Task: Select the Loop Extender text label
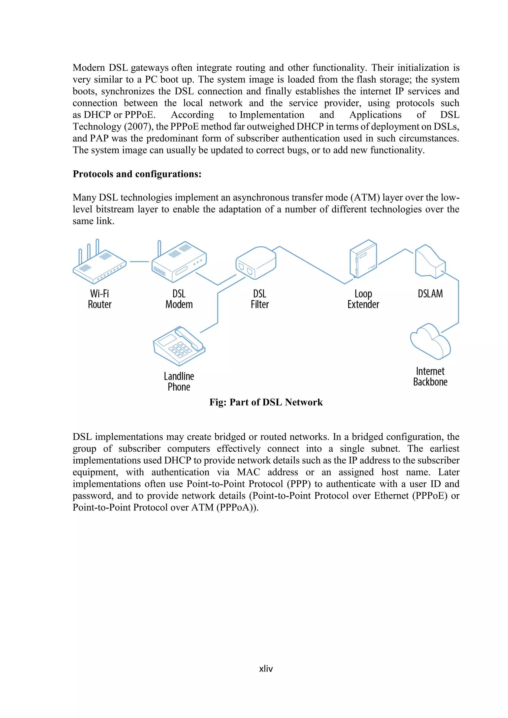(363, 299)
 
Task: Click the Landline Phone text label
(179, 382)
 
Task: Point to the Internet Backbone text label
(430, 377)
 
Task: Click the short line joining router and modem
(139, 261)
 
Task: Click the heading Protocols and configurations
(137, 174)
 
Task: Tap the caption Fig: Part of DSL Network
(266, 402)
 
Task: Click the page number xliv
(266, 669)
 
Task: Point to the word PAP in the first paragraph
(99, 138)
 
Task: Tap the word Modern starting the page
(89, 68)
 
